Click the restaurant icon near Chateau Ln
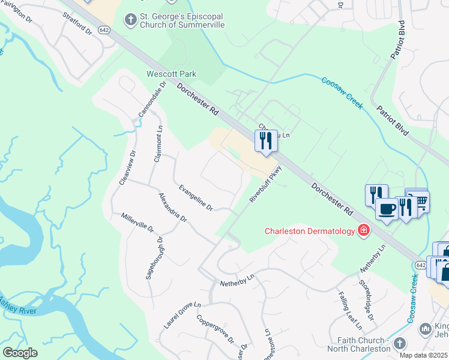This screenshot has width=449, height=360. (x=264, y=141)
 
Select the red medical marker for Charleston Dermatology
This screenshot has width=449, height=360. (x=363, y=230)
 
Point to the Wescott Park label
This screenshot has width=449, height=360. (x=172, y=74)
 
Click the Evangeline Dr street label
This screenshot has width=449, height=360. (x=196, y=197)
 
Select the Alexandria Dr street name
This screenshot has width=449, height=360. (x=173, y=207)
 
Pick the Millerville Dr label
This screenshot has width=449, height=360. (x=137, y=223)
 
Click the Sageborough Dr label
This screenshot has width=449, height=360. (x=155, y=258)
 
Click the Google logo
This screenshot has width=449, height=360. (x=20, y=352)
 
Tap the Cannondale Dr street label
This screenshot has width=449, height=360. (x=151, y=98)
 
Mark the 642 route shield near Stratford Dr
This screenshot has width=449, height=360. (x=104, y=31)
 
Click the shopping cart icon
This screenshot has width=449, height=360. (x=421, y=201)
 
